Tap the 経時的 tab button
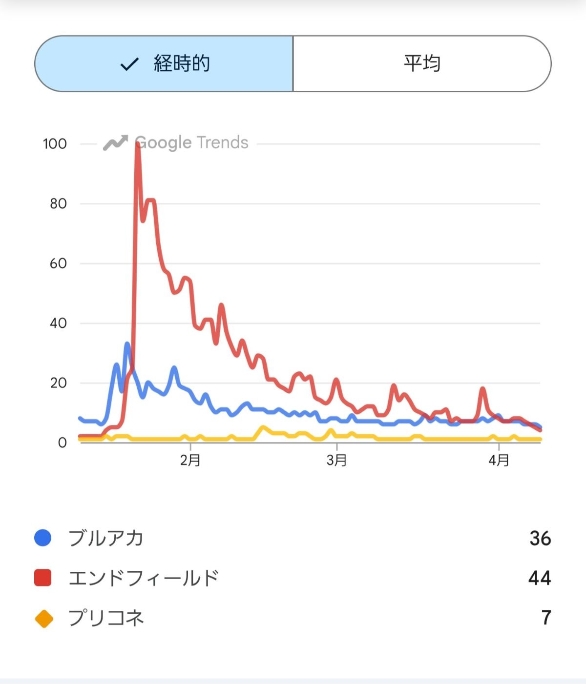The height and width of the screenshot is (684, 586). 164,63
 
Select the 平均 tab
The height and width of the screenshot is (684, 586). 422,63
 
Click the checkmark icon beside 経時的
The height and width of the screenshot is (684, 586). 129,64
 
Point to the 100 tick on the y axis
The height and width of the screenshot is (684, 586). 55,144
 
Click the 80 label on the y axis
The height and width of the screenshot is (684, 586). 58,203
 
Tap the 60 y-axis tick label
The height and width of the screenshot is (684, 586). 58,263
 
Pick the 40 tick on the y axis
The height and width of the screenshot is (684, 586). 58,323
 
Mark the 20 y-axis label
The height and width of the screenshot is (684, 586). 58,383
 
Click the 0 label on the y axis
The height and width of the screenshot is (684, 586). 62,443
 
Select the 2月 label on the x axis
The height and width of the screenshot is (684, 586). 190,460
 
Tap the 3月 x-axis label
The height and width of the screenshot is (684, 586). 336,460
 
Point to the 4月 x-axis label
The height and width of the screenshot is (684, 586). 499,460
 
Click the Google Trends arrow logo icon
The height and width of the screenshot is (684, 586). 115,143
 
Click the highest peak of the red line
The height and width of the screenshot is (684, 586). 137,144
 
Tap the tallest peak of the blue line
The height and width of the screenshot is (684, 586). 127,345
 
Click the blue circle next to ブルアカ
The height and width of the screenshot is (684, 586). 43,538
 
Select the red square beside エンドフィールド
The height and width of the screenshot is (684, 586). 43,578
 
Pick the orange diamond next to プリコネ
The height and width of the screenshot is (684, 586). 44,618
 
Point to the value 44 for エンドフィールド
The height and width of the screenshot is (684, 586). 540,578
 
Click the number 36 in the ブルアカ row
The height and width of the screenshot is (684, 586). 540,538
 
